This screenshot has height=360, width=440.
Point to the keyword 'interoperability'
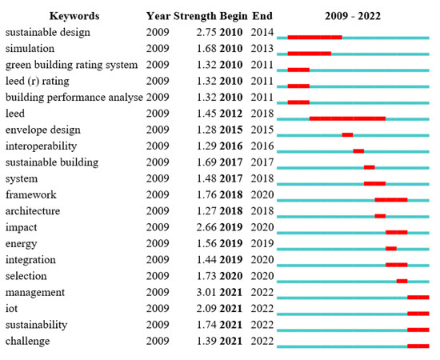(x=41, y=146)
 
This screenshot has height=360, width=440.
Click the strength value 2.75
(x=207, y=32)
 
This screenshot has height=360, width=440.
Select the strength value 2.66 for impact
(x=207, y=227)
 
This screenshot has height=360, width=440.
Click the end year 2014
(x=262, y=32)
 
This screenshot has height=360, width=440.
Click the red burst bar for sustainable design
(x=314, y=37)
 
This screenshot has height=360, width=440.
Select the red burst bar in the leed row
(x=347, y=118)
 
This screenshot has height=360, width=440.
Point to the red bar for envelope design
(x=347, y=134)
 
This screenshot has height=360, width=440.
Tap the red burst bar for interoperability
(x=358, y=150)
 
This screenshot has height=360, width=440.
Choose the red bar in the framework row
(x=390, y=199)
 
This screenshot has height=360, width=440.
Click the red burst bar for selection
(x=402, y=281)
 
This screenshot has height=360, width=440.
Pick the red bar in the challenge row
(x=418, y=346)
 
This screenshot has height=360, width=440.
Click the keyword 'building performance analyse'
(x=74, y=97)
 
